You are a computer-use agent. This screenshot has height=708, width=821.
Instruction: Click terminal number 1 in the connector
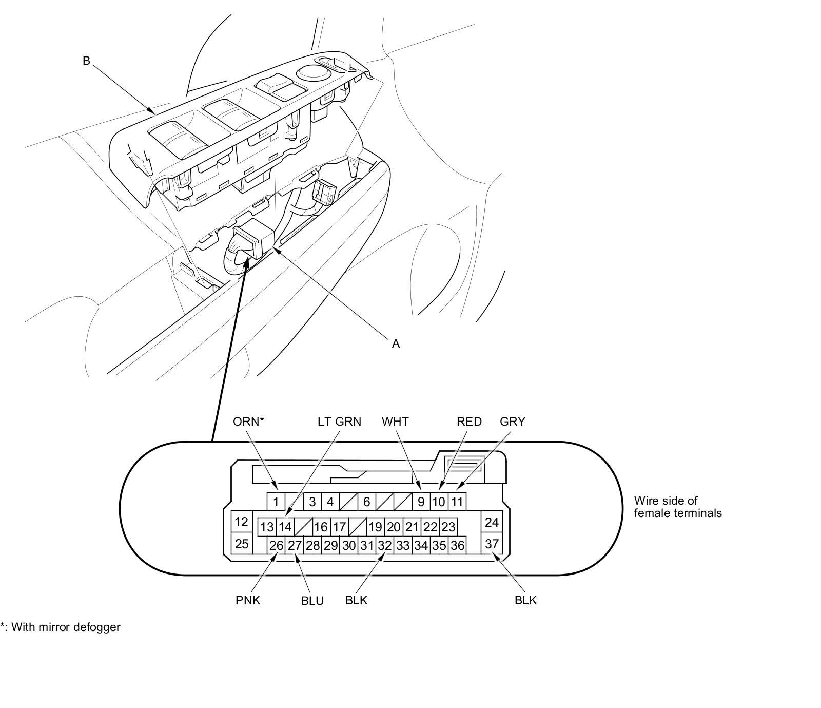point(276,502)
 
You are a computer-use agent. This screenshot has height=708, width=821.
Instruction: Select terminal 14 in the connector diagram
point(285,527)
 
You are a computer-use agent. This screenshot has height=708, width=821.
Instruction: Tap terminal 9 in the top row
point(421,502)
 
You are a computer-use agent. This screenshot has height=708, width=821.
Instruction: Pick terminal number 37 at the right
point(492,543)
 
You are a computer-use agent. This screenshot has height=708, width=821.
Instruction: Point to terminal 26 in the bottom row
point(276,545)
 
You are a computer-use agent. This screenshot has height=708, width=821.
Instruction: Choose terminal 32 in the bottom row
point(385,545)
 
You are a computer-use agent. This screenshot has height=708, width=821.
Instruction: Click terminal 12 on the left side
point(242,522)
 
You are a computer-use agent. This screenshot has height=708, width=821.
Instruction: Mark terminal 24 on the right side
point(492,522)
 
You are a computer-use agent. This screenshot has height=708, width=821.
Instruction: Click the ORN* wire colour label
point(248,422)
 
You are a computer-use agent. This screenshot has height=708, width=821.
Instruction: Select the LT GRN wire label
point(339,422)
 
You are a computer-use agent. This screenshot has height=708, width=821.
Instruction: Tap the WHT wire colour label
point(395,422)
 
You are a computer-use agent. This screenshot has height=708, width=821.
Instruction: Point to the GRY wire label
point(512,422)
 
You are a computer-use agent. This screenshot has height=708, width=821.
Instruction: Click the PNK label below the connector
point(248,600)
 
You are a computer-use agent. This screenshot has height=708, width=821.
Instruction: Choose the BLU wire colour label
point(312,601)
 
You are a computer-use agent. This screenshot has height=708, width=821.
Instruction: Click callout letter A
point(396,344)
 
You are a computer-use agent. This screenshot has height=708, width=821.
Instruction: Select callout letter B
point(86,61)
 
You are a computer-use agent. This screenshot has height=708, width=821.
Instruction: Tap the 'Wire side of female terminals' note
point(677,507)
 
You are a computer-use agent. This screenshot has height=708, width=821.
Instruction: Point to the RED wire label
point(469,422)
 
